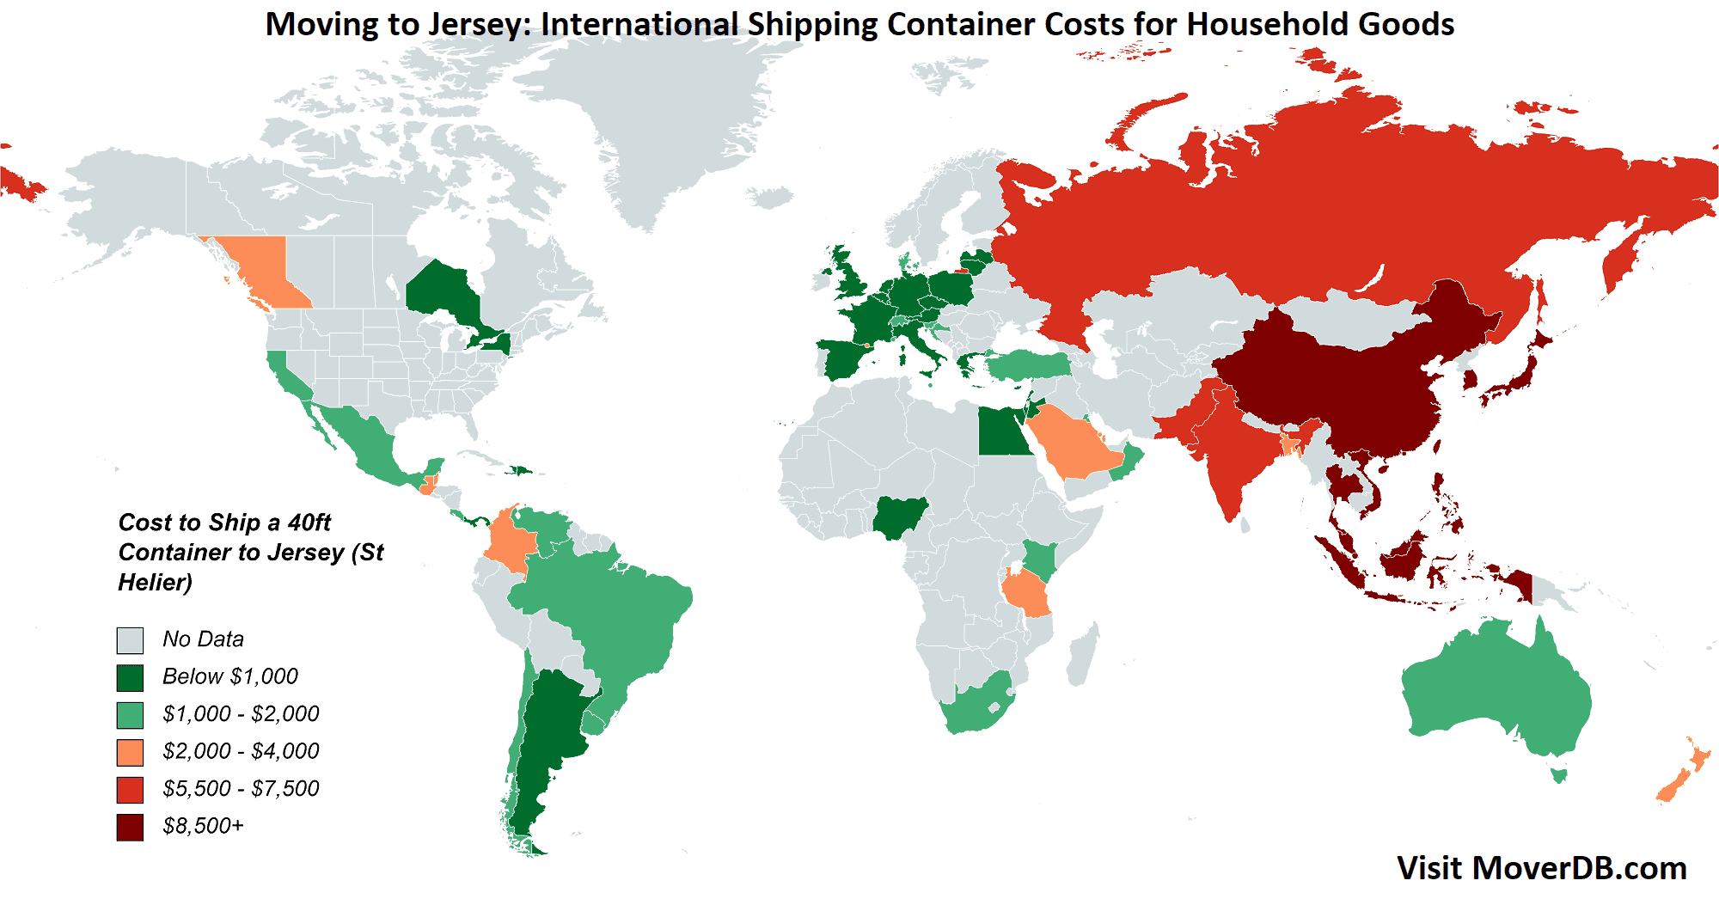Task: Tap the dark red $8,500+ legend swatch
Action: (x=130, y=827)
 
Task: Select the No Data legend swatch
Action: (x=130, y=640)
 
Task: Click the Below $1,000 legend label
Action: (x=229, y=677)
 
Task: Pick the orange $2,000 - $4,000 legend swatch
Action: (x=130, y=752)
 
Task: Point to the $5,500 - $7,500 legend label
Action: (x=241, y=789)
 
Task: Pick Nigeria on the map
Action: (x=899, y=517)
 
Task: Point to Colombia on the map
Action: (x=509, y=541)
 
